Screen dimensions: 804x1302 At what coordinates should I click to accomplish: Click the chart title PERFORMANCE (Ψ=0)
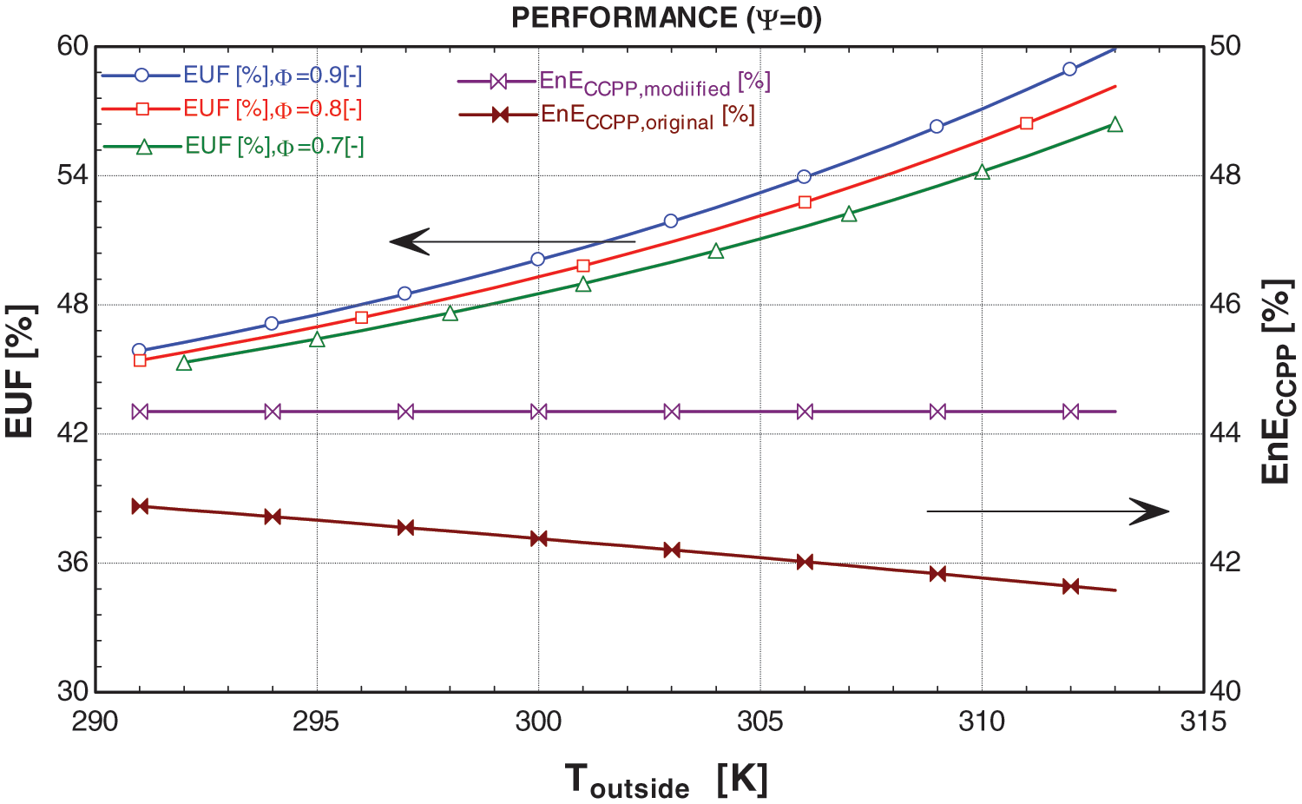tap(666, 18)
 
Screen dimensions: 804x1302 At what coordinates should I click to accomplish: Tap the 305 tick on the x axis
tap(759, 721)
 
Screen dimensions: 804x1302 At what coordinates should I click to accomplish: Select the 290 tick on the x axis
tap(95, 721)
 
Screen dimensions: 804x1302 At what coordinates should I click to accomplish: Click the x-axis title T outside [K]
tap(666, 781)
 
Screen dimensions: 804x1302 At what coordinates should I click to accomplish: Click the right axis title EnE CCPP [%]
tap(1278, 382)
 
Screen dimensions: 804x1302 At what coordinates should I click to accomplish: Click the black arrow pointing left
tap(512, 241)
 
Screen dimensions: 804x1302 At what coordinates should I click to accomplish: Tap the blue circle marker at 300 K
tap(538, 259)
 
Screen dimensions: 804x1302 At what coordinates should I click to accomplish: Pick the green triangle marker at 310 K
tap(982, 172)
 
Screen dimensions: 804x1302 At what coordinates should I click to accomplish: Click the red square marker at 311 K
tap(1027, 123)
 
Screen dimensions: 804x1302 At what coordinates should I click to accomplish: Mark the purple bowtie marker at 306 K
tap(805, 412)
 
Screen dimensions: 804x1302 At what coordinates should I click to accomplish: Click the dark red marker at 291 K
tap(140, 506)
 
